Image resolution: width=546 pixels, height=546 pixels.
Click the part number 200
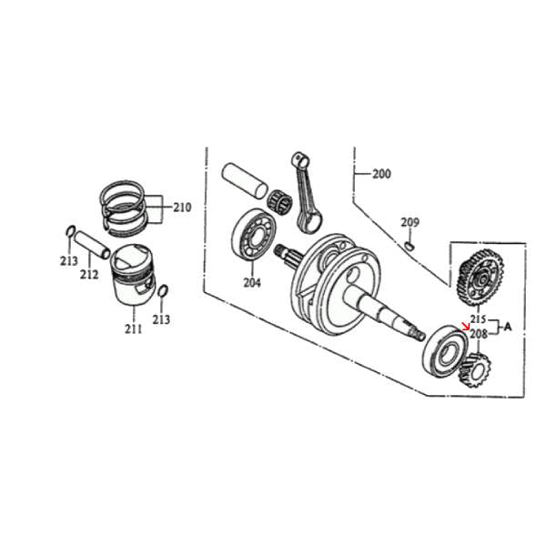(381, 174)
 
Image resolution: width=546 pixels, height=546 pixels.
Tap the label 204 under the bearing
(252, 283)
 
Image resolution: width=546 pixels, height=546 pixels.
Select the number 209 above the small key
(409, 222)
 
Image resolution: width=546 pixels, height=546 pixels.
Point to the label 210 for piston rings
(182, 207)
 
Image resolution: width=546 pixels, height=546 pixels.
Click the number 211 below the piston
(134, 329)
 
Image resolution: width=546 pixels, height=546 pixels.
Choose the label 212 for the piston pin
(89, 275)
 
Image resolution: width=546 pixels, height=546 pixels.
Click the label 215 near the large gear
(479, 319)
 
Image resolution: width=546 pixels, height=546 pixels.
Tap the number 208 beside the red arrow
(479, 334)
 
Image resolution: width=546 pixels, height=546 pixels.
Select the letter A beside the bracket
(508, 327)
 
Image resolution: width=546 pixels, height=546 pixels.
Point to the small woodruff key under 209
(409, 246)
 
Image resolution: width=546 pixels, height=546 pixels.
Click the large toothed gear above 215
(480, 278)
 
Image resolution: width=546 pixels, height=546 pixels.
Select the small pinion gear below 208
(475, 369)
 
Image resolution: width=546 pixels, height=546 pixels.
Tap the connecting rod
(306, 192)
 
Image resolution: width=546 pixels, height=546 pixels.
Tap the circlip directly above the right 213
(162, 291)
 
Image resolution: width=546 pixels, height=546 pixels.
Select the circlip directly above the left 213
(70, 231)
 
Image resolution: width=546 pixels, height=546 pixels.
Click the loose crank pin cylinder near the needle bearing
(245, 180)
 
